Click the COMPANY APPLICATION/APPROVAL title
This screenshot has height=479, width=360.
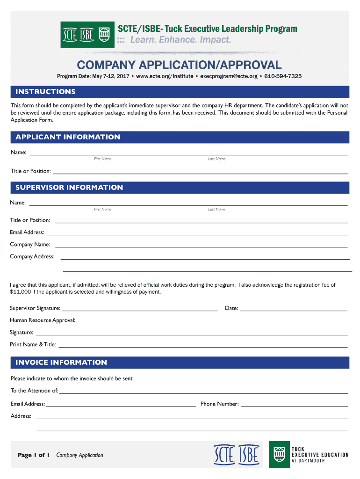tap(179, 65)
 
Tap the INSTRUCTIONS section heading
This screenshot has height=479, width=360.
tap(45, 92)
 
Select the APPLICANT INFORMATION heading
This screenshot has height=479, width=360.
tap(68, 137)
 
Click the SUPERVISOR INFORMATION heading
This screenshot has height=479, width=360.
tap(69, 188)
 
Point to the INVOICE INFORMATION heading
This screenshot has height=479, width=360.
tap(61, 363)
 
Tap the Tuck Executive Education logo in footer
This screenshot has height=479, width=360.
tap(309, 455)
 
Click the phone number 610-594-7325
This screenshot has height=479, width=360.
tap(283, 76)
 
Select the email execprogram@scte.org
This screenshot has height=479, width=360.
tap(229, 76)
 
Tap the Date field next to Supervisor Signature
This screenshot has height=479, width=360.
tap(294, 309)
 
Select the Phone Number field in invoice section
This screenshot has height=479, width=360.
tap(295, 405)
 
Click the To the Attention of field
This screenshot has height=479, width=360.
tap(203, 392)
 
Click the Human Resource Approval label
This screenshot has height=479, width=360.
tap(43, 320)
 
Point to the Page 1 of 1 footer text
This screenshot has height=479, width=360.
tap(33, 455)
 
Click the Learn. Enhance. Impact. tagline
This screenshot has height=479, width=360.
tap(180, 40)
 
